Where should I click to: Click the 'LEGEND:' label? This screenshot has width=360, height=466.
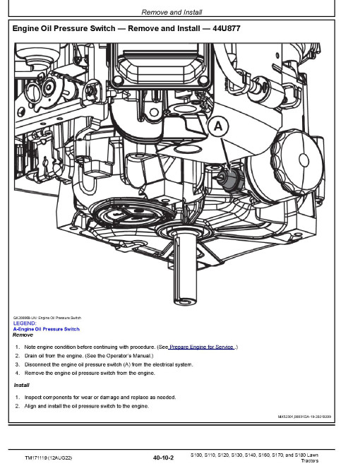click(25, 323)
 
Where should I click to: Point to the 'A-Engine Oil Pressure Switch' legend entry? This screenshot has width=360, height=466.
click(47, 329)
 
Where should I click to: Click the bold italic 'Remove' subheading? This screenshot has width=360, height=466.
click(23, 335)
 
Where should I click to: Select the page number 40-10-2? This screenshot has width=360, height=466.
click(162, 458)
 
